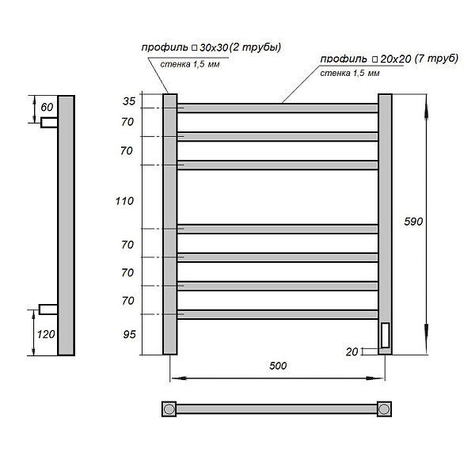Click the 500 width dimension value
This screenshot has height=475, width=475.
coord(277,366)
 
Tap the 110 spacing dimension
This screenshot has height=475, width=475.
coord(123,201)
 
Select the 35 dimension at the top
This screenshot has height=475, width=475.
coord(129,101)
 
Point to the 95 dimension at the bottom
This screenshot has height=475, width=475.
coord(129,336)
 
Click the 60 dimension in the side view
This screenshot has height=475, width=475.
coord(47,107)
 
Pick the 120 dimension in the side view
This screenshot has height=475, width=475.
coord(45,333)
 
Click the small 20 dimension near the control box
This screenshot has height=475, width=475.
coord(351,351)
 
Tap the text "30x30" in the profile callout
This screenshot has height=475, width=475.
coord(212,48)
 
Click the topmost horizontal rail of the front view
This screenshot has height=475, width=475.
coord(277,108)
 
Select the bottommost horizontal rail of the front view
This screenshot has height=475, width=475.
coord(277,314)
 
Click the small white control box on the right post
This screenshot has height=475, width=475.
coord(385,336)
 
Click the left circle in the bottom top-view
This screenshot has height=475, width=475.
coord(169,408)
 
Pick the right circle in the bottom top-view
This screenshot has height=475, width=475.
coord(384,408)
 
